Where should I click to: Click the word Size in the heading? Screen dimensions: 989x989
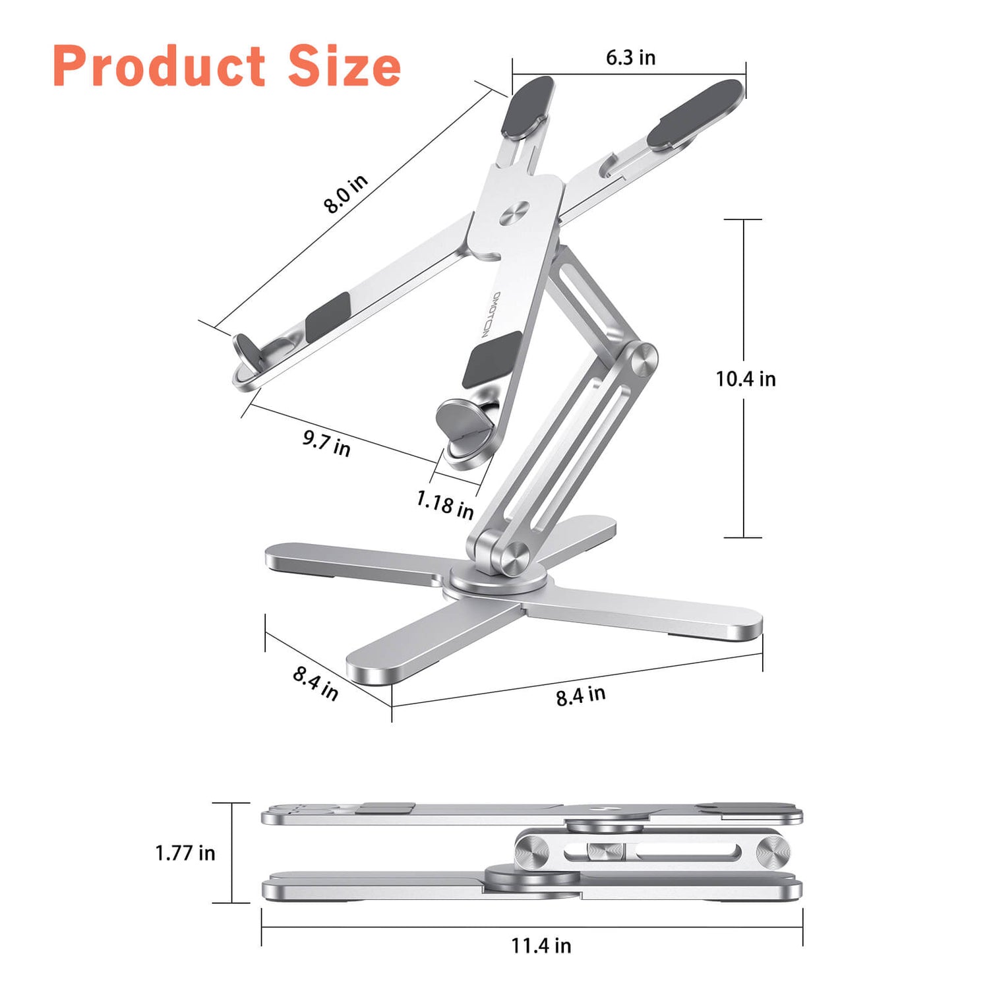(344, 67)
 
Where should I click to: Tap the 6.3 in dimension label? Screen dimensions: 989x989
(630, 58)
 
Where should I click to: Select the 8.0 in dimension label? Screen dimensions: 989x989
(345, 194)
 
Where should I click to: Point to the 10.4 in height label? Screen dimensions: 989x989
(746, 379)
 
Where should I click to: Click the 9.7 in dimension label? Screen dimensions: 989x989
(326, 442)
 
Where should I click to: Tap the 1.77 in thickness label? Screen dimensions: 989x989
(185, 853)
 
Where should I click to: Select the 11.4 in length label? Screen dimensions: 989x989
(541, 945)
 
